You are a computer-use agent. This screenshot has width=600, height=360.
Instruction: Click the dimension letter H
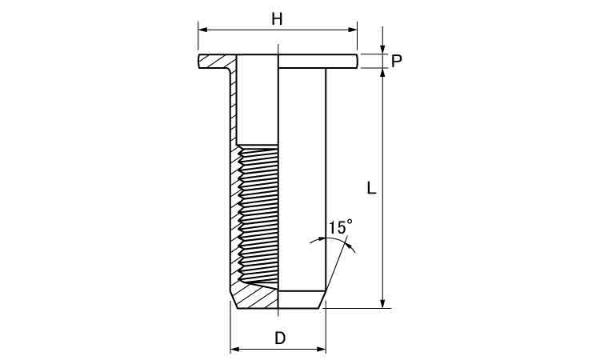coord(277,18)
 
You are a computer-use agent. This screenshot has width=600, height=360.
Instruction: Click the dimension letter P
coord(397,62)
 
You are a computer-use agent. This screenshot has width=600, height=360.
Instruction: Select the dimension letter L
coord(371,188)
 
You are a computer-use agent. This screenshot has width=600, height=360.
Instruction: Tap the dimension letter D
coord(280,338)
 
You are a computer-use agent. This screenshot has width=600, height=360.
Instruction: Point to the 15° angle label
coord(340,227)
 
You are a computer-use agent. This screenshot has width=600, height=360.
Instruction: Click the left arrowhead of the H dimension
coord(202,29)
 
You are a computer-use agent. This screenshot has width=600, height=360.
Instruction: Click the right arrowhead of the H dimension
coord(353,29)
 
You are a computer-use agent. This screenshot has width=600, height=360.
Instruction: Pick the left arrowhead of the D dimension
coord(234,349)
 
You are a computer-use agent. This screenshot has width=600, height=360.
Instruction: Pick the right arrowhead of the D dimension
coord(322,349)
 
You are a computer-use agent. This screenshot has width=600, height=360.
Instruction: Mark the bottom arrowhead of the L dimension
coord(382,303)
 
